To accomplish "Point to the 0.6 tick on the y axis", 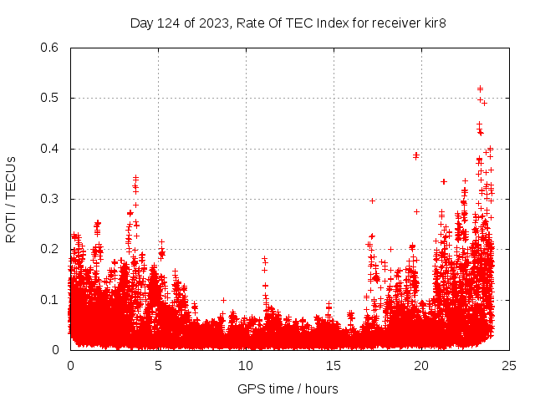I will click(49, 48).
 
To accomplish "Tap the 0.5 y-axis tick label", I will click(49, 99).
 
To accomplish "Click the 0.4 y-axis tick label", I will click(49, 149).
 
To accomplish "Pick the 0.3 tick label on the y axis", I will click(49, 199).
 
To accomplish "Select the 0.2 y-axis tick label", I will click(49, 249).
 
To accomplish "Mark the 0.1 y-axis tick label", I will click(49, 300).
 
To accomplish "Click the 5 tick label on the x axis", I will click(158, 365).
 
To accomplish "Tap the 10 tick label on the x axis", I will click(246, 365).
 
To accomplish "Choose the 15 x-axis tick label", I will click(334, 365).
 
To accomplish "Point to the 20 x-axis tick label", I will click(421, 365).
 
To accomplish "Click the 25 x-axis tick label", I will click(509, 365).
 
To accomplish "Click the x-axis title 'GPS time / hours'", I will click(288, 388).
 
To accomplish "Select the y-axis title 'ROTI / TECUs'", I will click(11, 199).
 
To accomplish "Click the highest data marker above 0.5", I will click(480, 88).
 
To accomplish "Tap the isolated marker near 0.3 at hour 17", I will click(372, 200).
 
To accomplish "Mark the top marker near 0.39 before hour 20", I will click(415, 155).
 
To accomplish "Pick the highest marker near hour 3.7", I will click(135, 178).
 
